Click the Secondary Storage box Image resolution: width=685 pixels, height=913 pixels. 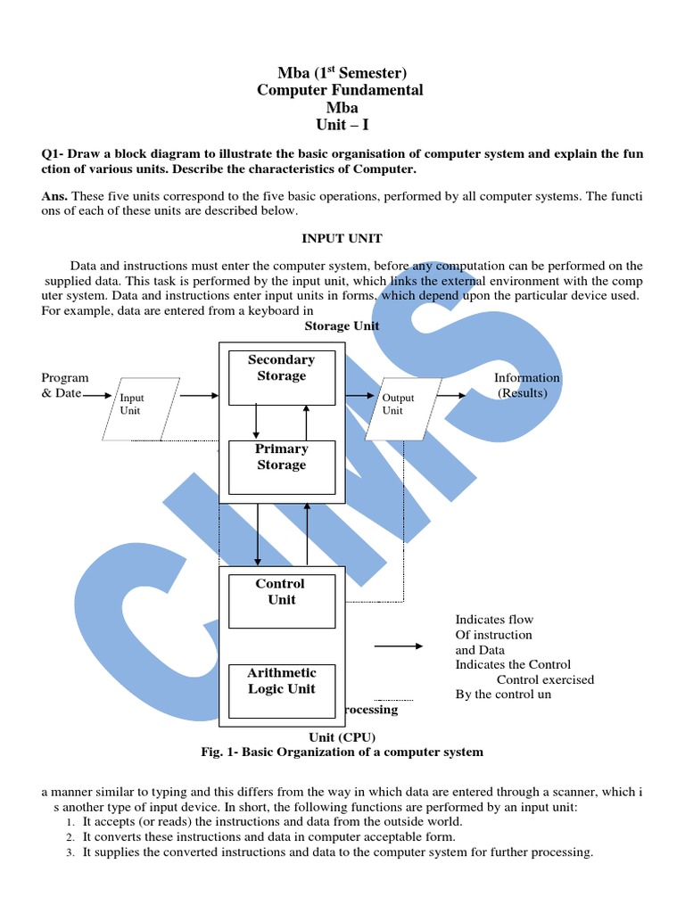coord(281,377)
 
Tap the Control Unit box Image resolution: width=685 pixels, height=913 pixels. coord(281,601)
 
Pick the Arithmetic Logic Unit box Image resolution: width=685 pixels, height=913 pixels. coord(281,690)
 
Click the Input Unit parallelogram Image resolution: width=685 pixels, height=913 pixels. coord(140,408)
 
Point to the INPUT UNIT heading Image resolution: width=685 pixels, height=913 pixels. coord(342,238)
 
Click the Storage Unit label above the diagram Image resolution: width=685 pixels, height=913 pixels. coord(342,325)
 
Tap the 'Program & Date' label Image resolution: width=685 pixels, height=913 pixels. coord(64,385)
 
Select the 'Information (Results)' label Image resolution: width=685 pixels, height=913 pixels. coord(526,385)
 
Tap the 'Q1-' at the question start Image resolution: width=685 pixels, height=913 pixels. coord(55,153)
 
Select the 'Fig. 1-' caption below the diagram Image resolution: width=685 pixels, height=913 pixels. coord(222,752)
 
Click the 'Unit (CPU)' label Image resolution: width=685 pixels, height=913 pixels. coord(342,736)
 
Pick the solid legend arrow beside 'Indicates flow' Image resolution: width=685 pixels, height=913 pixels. coord(398,646)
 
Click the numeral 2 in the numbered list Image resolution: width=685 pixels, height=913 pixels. coord(70,838)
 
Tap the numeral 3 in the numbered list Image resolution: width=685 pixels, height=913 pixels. coord(70,853)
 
